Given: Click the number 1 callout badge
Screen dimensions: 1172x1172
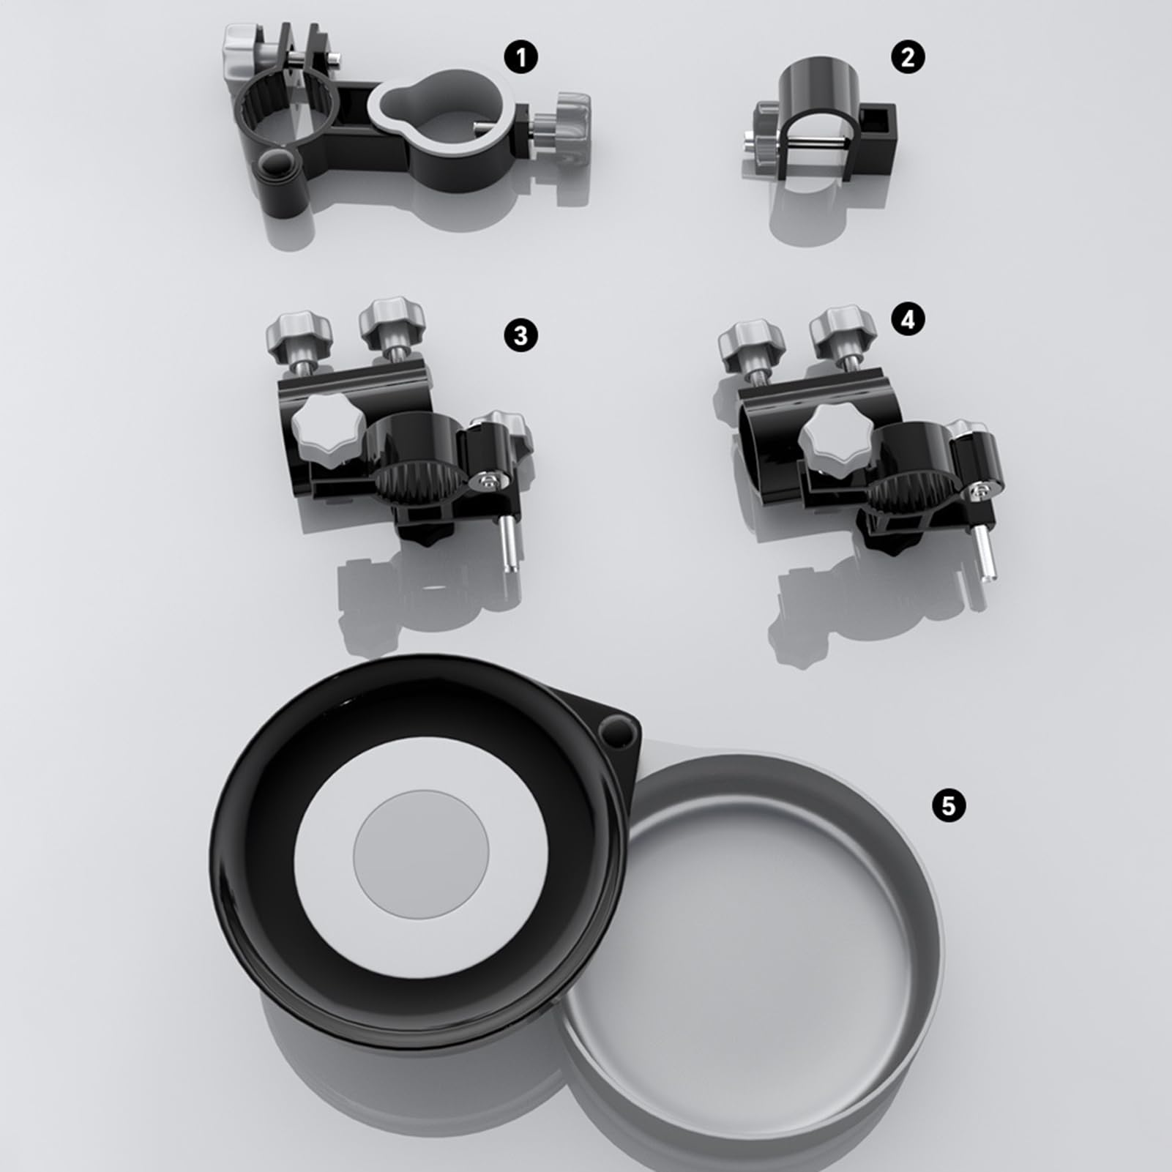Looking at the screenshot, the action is (x=521, y=57).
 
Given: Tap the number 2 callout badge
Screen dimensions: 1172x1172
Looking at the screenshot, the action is (x=908, y=56).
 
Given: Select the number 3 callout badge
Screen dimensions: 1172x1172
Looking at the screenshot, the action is (x=520, y=335).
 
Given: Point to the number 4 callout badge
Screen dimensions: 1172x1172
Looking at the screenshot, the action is (x=908, y=320).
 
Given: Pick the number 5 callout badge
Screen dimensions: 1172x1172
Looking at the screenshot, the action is (x=949, y=805).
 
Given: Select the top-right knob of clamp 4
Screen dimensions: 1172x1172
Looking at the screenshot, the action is (x=842, y=329).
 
